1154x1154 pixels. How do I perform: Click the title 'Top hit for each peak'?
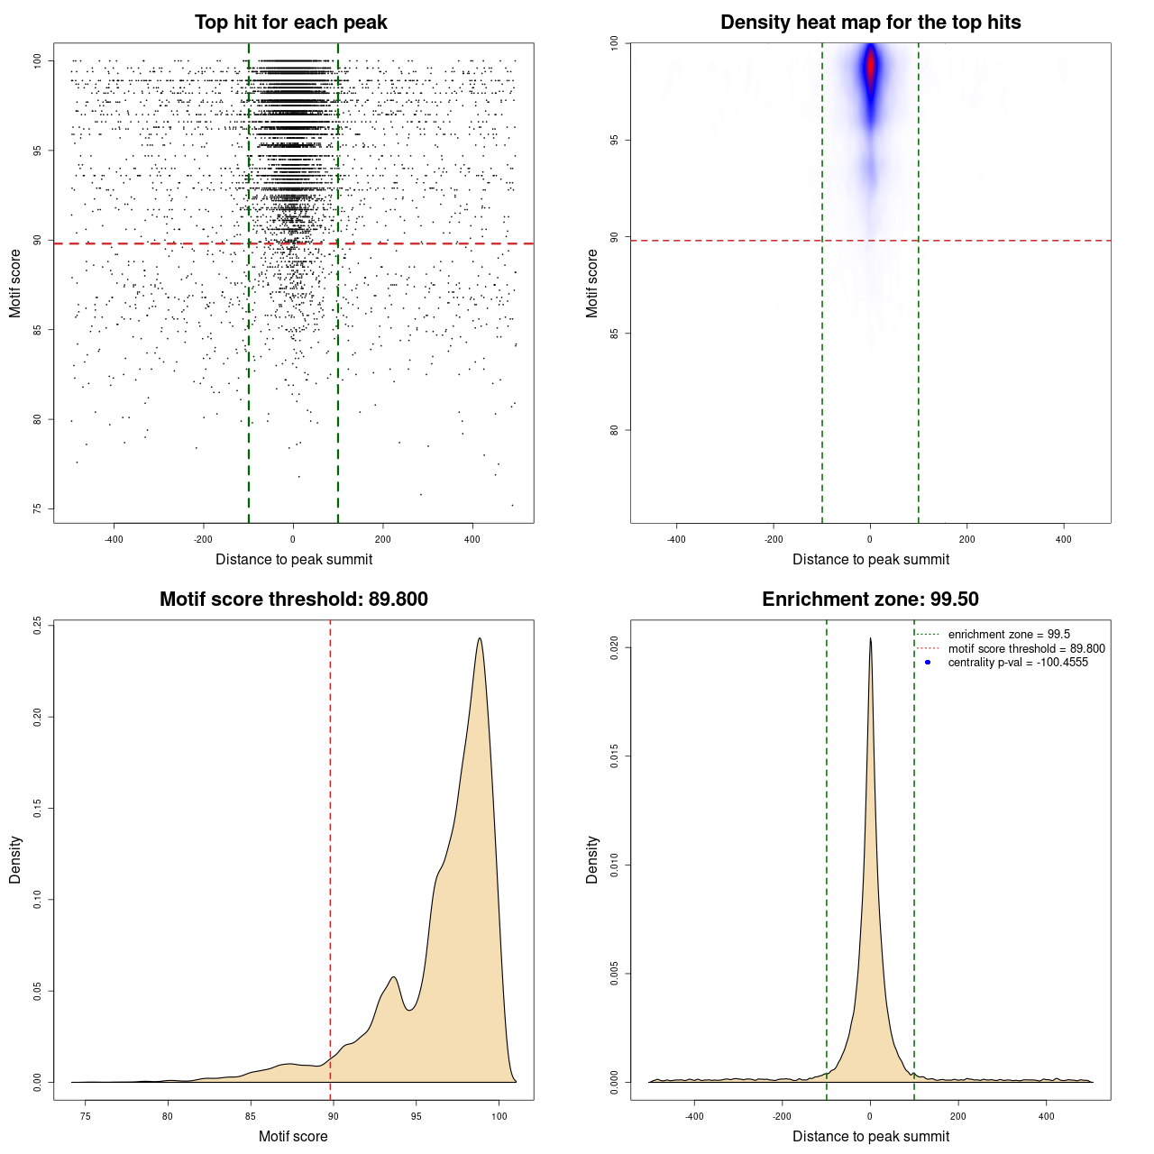290,23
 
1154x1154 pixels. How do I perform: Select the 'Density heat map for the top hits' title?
870,23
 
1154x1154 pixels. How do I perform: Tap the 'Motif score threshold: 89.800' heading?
293,600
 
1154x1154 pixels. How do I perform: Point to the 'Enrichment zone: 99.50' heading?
870,600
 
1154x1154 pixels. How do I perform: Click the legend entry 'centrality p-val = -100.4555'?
1018,663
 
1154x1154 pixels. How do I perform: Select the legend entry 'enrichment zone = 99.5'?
1009,635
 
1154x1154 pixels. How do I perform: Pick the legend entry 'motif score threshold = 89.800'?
1026,649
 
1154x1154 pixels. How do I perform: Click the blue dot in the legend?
928,663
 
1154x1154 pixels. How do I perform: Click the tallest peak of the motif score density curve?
480,639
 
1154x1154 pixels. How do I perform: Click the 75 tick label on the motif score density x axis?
86,1117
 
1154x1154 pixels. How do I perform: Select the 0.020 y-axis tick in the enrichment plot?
615,647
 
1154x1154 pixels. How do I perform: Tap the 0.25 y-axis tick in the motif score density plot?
38,625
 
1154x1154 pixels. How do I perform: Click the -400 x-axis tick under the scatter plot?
114,540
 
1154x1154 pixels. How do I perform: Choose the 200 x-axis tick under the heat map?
966,540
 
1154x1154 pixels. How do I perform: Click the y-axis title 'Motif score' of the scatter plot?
15,283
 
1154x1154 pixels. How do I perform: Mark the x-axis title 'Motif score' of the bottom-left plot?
293,1136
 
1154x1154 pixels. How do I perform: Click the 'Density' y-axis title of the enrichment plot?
592,859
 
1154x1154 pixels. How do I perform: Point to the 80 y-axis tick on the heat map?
615,430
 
